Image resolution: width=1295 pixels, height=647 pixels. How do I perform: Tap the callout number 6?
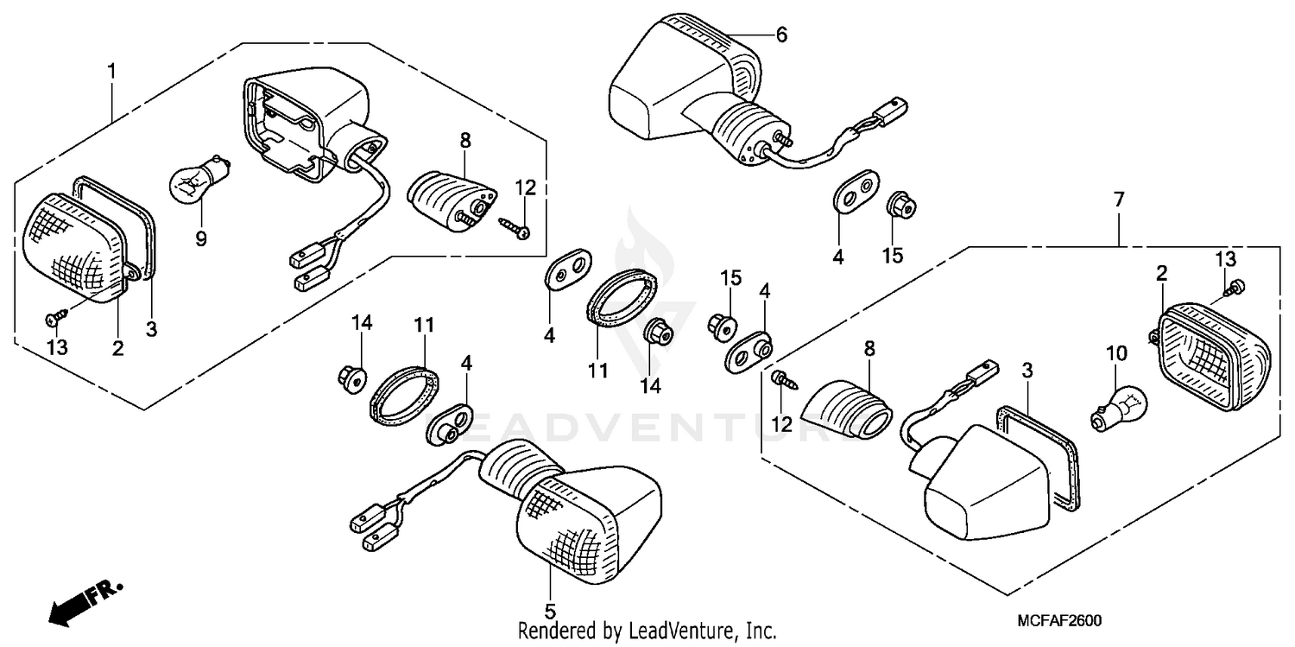coord(781,35)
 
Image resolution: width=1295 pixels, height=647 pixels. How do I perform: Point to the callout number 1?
coord(112,69)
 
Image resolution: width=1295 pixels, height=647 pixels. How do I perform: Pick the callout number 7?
coord(1119,200)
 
